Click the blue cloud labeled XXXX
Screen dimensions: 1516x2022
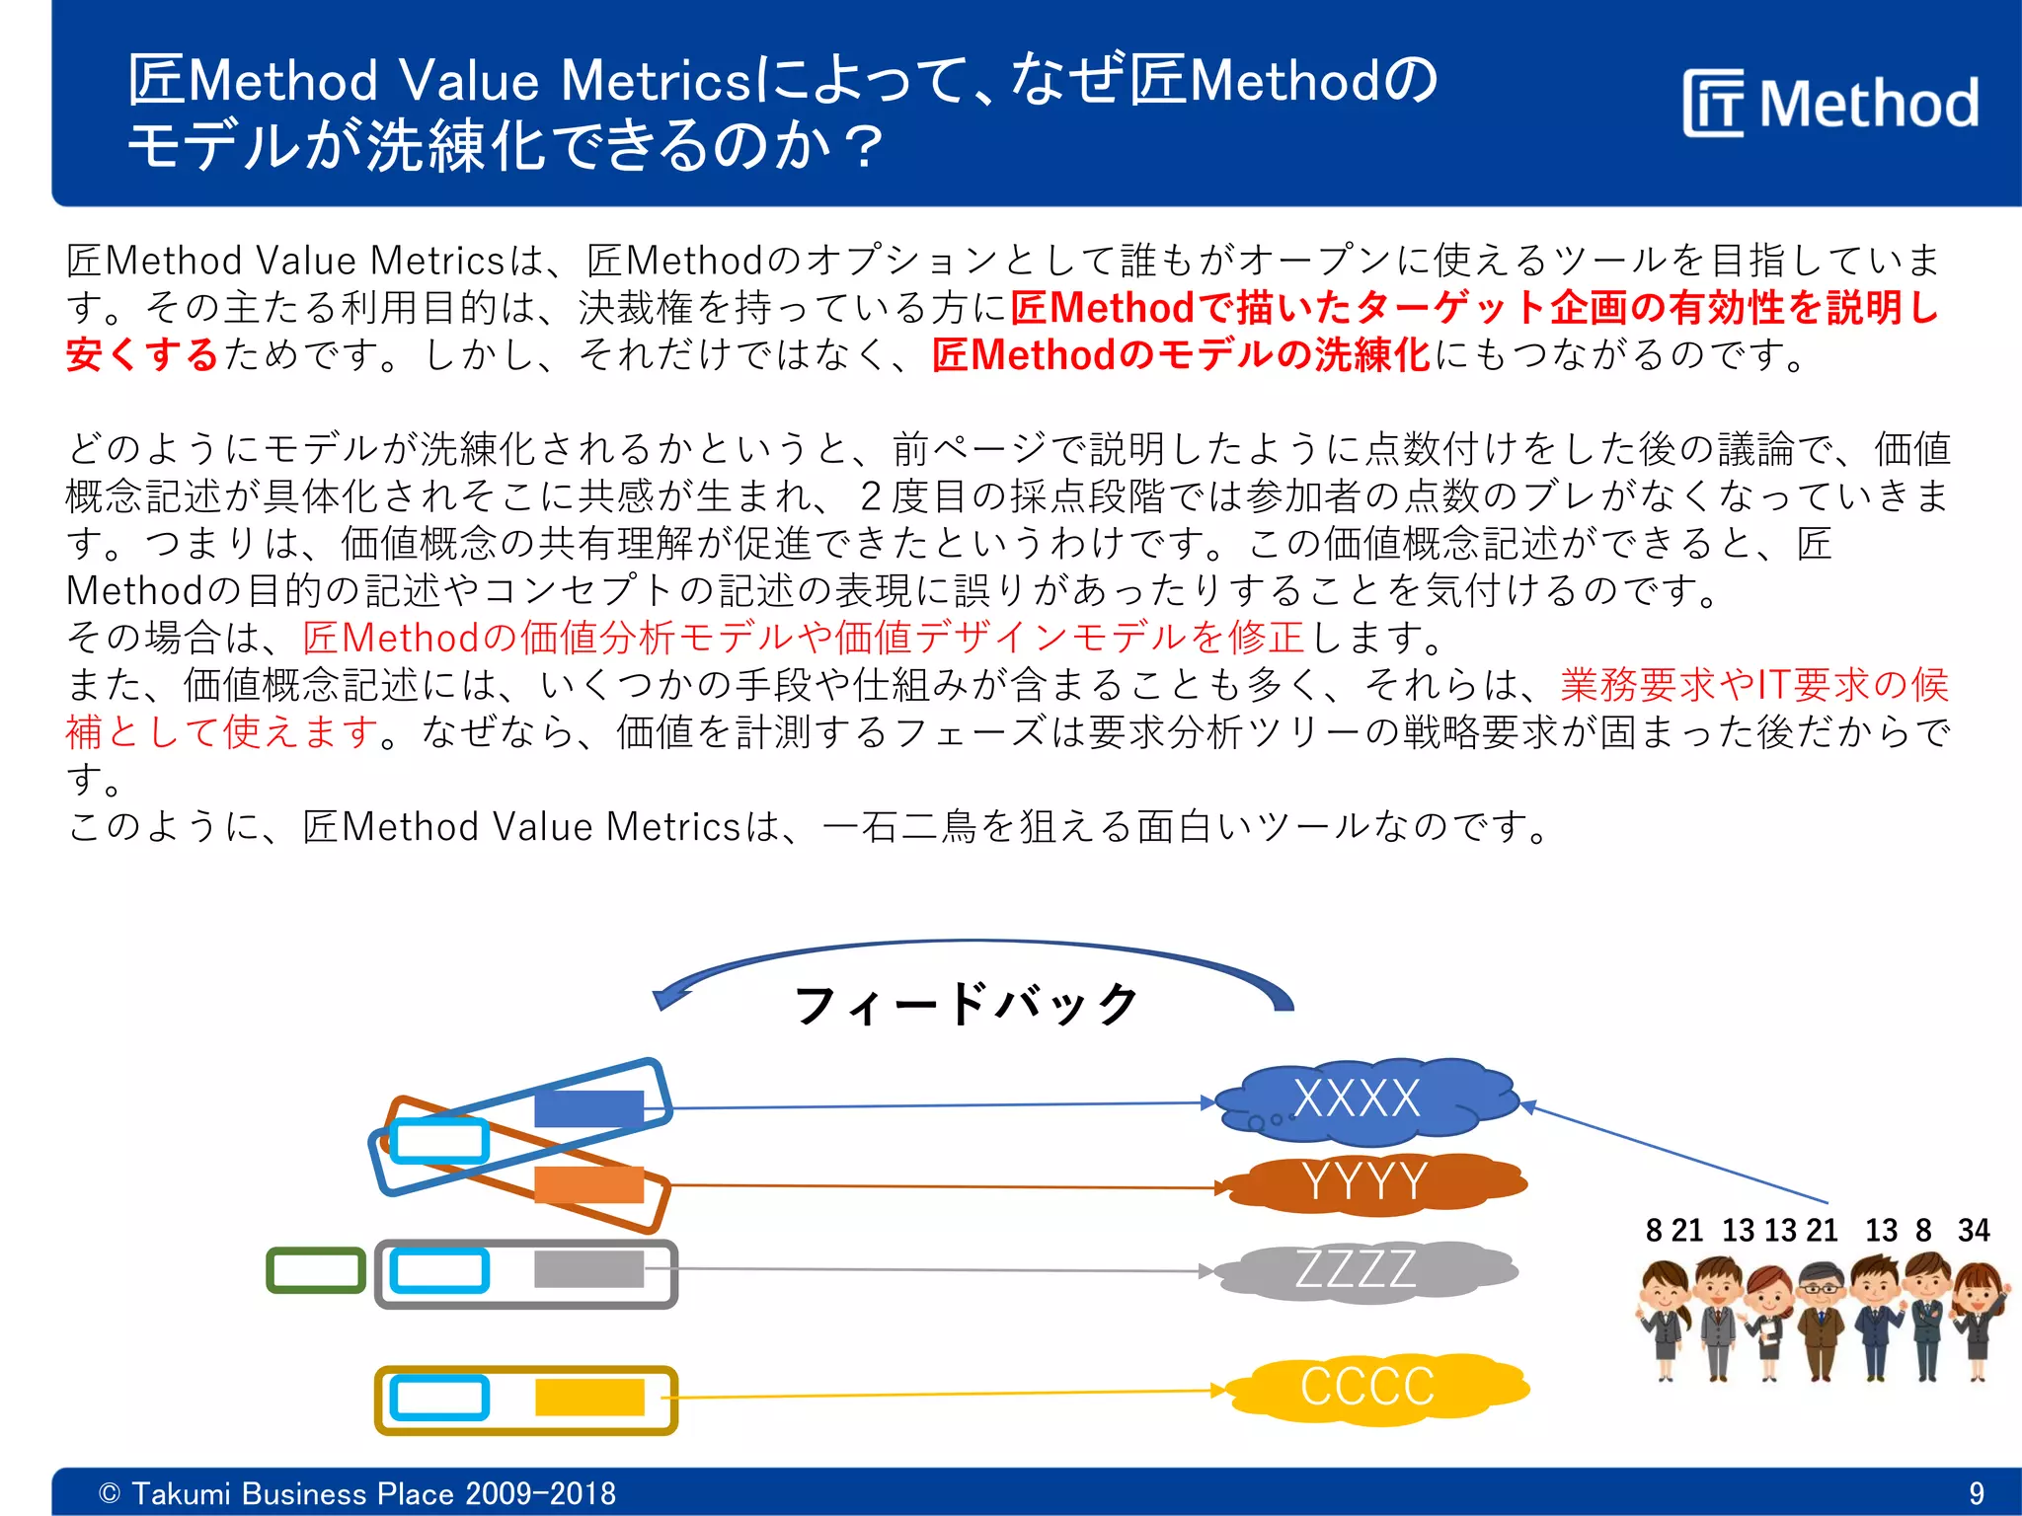coord(1362,1100)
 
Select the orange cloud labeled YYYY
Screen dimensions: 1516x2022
coord(1372,1181)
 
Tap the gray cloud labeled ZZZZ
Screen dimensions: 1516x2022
coord(1362,1270)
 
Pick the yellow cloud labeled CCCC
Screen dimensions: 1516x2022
coord(1372,1387)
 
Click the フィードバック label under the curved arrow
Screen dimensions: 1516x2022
coord(967,1004)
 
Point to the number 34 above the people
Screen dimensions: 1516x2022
coord(1974,1231)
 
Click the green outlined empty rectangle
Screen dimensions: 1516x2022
coord(316,1270)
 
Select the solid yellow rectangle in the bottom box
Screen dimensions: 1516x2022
coord(589,1398)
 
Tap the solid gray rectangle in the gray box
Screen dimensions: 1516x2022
coord(588,1269)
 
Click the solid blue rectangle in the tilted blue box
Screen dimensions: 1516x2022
coord(588,1108)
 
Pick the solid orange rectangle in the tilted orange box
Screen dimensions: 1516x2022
coord(588,1183)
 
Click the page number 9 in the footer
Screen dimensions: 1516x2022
coord(1976,1493)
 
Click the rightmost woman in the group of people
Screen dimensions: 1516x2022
coord(1980,1318)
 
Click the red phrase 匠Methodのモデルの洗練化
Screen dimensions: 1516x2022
coord(1181,355)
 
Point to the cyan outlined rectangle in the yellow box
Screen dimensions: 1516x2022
coord(439,1398)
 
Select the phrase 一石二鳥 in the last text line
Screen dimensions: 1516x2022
coord(898,827)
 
